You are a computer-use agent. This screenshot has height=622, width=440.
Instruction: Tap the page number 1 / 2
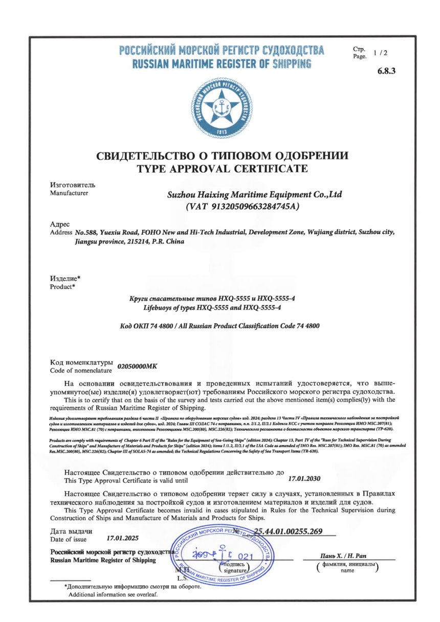tap(381, 53)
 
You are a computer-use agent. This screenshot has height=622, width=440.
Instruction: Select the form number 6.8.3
tap(387, 71)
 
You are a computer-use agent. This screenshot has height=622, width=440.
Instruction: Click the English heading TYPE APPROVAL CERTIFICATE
tap(222, 169)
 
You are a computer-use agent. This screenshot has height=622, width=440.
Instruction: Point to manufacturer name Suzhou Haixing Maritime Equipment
tap(255, 195)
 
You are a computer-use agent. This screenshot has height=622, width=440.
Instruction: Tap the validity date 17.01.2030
tap(304, 479)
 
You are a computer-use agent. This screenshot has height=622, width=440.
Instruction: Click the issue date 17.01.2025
tap(122, 538)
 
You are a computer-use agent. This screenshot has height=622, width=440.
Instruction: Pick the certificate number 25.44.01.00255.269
tap(288, 531)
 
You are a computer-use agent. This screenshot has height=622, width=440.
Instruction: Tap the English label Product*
tap(62, 286)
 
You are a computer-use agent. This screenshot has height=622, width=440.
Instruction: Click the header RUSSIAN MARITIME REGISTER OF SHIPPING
tap(222, 64)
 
